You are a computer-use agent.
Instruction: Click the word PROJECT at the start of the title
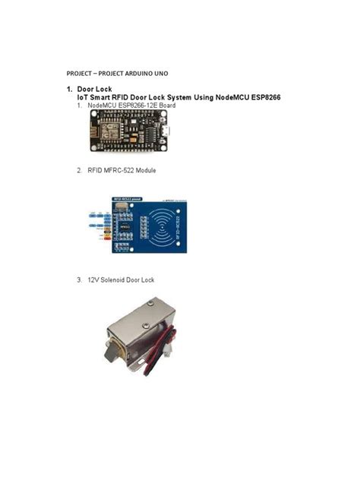tap(80, 73)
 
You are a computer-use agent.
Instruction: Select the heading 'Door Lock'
tap(94, 89)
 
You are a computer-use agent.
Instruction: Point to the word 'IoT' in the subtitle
tap(82, 97)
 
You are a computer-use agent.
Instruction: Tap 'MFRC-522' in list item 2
tap(122, 171)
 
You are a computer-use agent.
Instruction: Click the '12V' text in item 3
tap(93, 280)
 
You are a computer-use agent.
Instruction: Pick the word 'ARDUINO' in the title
tap(144, 73)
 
